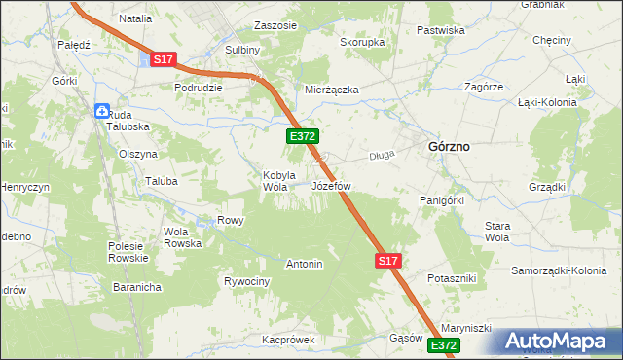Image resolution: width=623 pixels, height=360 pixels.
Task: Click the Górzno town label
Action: [x=449, y=146]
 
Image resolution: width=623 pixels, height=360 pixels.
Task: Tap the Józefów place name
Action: [x=331, y=185]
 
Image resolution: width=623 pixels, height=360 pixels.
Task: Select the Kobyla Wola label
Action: [x=278, y=181]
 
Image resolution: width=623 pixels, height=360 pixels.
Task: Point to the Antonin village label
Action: [x=304, y=264]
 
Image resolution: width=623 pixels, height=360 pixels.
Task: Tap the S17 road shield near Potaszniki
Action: [x=387, y=261]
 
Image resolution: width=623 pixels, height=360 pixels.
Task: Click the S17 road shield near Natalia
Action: [x=163, y=60]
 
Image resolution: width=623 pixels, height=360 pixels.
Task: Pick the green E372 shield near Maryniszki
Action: [x=443, y=345]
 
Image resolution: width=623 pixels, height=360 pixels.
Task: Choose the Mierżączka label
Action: [x=332, y=90]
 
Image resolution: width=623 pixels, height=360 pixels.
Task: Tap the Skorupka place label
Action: [x=362, y=43]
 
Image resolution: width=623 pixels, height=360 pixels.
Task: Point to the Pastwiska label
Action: [x=441, y=30]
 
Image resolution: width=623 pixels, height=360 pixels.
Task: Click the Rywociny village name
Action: [x=246, y=282]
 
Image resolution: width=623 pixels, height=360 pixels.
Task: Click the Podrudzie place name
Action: [x=199, y=87]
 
